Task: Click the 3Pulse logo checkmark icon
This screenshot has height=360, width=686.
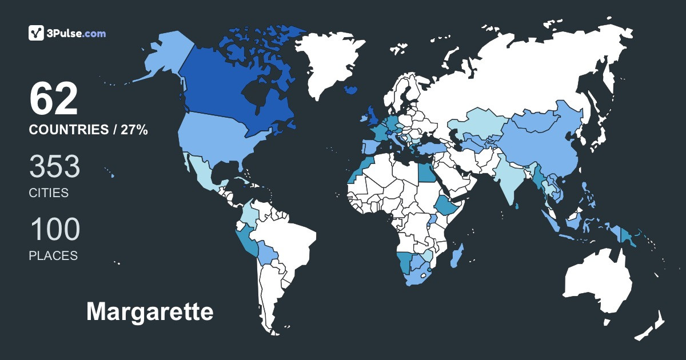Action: click(37, 33)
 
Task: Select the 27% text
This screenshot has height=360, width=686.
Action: click(134, 130)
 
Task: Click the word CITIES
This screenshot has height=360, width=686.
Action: click(49, 193)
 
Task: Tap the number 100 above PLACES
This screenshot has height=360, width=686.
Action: click(55, 229)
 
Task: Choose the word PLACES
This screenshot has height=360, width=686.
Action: click(53, 255)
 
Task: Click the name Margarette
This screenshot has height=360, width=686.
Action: click(150, 312)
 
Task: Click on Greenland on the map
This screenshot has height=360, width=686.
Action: click(332, 57)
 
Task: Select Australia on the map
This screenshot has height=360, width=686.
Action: click(597, 283)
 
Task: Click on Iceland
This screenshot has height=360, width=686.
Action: click(352, 90)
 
